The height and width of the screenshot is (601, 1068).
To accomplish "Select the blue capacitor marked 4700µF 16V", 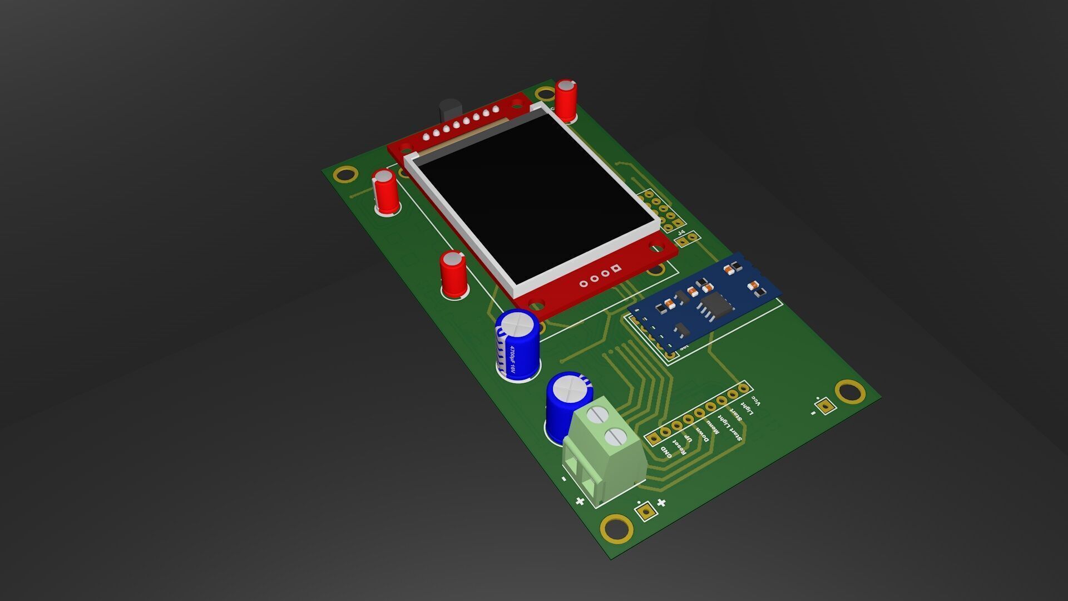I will pos(518,345).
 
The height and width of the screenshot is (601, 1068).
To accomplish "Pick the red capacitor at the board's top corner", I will pos(566,100).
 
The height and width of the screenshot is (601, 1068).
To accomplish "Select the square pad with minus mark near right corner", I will pos(828,407).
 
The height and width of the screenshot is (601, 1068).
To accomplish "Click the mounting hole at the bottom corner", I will pos(616,527).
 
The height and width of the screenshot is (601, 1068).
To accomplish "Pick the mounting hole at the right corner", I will pos(850,391).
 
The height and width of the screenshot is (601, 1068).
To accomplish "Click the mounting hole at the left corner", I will pos(344,175).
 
